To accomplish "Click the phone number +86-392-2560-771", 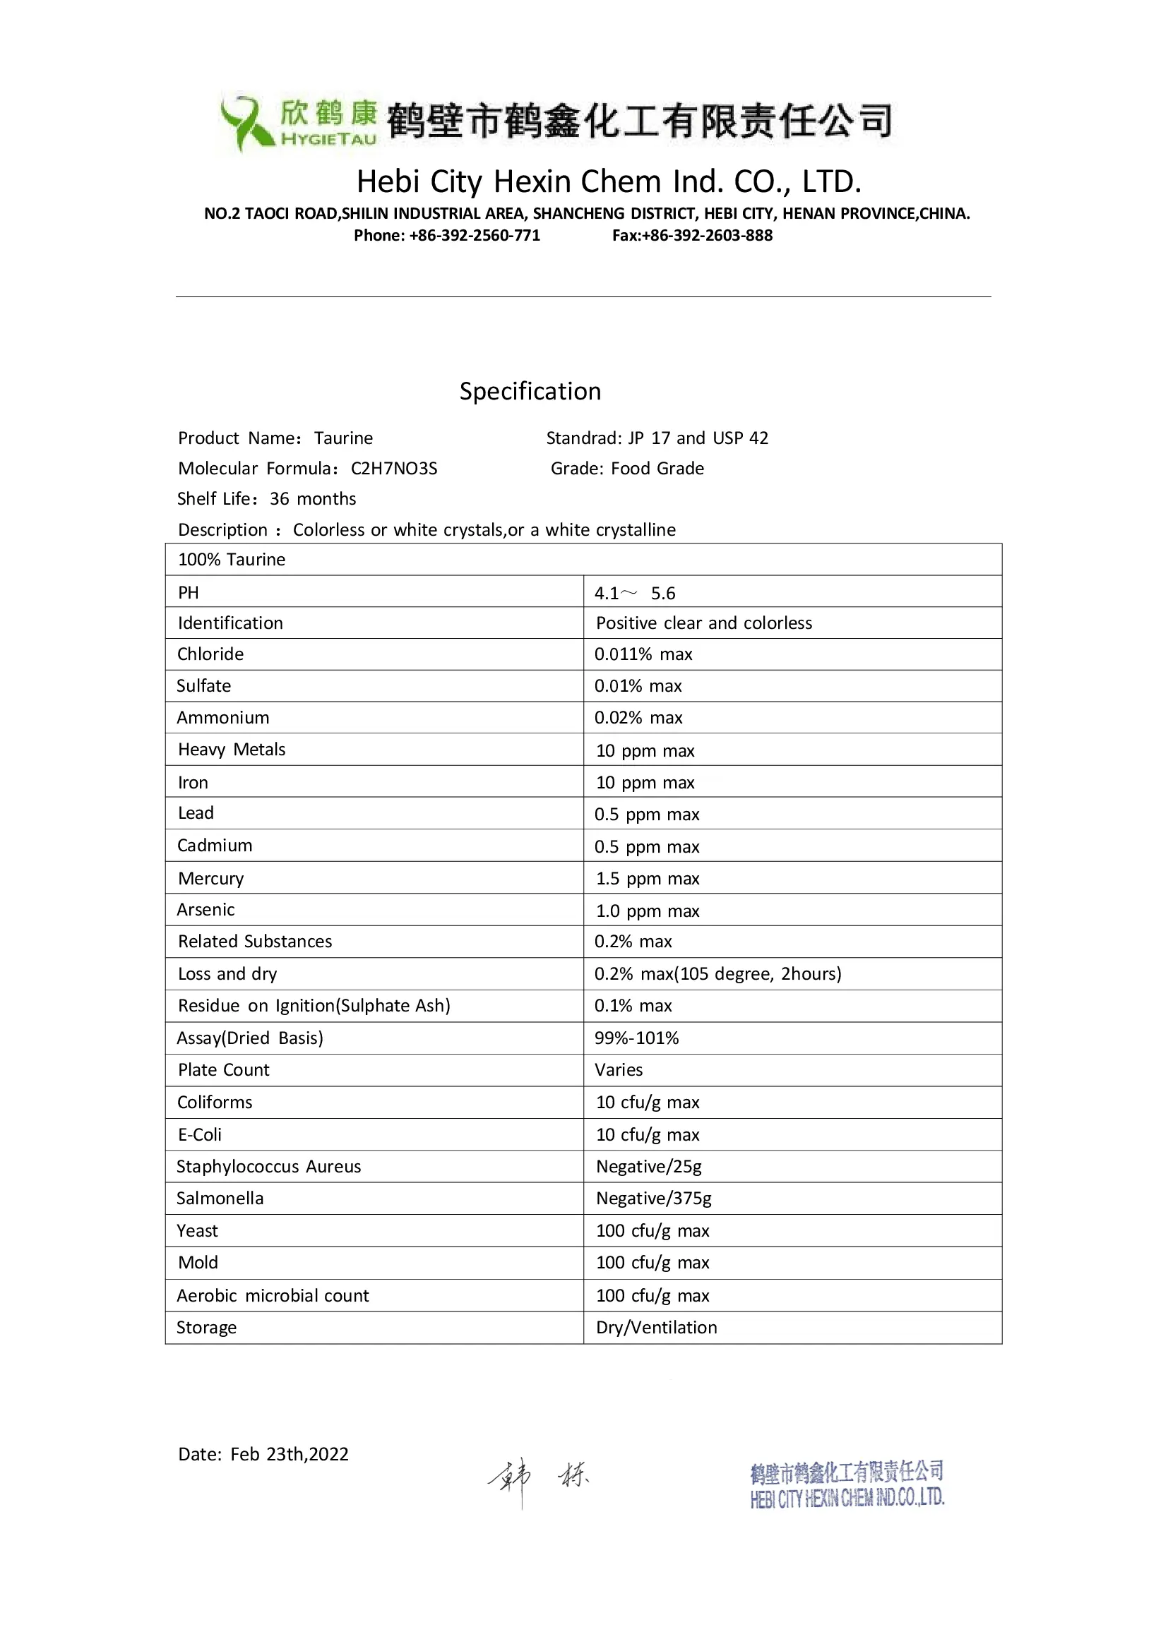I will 475,235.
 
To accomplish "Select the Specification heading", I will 530,391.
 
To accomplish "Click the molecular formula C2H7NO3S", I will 394,469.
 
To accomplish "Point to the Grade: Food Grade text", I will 627,469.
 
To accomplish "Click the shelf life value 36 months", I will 313,499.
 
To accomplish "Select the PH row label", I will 189,592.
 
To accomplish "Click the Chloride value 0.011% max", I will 643,654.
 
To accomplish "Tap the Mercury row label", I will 210,879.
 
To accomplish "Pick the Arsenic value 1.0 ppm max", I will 648,911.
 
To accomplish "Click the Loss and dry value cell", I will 717,973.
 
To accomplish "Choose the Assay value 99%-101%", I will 636,1038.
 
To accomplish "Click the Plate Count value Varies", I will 619,1070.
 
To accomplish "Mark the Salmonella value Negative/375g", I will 653,1198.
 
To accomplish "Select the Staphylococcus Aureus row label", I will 269,1166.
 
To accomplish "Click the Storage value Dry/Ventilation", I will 656,1328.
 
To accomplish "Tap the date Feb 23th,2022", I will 289,1454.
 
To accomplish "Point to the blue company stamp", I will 847,1484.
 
